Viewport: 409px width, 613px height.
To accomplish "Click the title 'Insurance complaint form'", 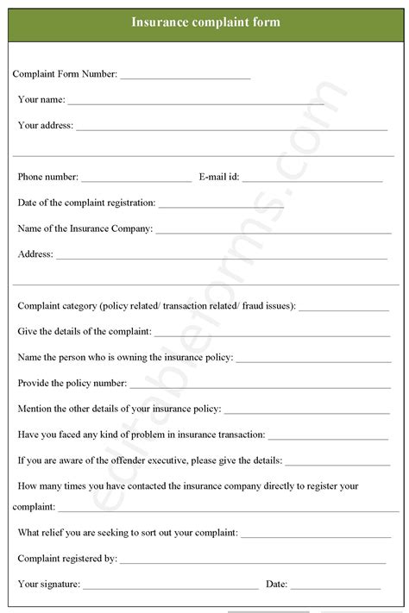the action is [x=204, y=22].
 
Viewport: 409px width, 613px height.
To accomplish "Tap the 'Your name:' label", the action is [x=41, y=100].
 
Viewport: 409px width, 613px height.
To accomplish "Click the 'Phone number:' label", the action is [x=47, y=178].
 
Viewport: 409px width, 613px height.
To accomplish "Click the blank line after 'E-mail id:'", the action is [x=311, y=180].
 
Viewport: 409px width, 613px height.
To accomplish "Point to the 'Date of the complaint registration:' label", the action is [x=86, y=203].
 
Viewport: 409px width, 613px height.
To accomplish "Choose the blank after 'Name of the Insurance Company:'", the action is [x=273, y=231].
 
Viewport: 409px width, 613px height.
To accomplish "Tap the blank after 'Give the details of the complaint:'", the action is [x=272, y=334].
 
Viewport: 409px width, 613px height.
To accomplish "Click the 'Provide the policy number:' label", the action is [x=72, y=383].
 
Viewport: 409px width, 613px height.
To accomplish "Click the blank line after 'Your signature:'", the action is [x=170, y=586].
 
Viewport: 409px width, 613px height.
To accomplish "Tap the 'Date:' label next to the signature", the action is [x=277, y=584].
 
